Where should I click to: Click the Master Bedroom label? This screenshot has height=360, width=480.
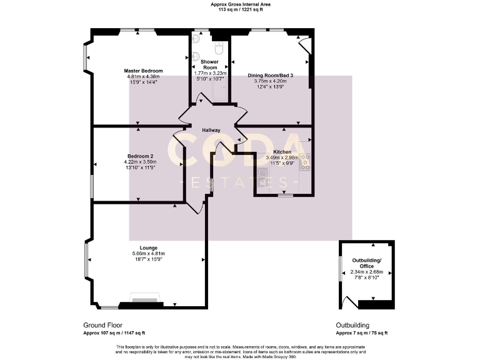pyautogui.click(x=143, y=71)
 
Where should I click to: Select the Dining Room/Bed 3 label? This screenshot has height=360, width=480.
pyautogui.click(x=270, y=75)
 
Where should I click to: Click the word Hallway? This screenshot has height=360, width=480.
pyautogui.click(x=211, y=130)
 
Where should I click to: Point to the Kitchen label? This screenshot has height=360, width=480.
pyautogui.click(x=282, y=152)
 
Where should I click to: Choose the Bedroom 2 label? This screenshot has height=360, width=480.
pyautogui.click(x=141, y=156)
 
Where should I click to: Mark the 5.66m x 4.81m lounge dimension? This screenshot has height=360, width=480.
pyautogui.click(x=148, y=253)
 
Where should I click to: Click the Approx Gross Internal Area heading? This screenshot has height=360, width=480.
pyautogui.click(x=241, y=4)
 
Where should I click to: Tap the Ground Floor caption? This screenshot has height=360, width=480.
pyautogui.click(x=103, y=325)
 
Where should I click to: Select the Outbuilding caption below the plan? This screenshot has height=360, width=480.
pyautogui.click(x=353, y=325)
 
